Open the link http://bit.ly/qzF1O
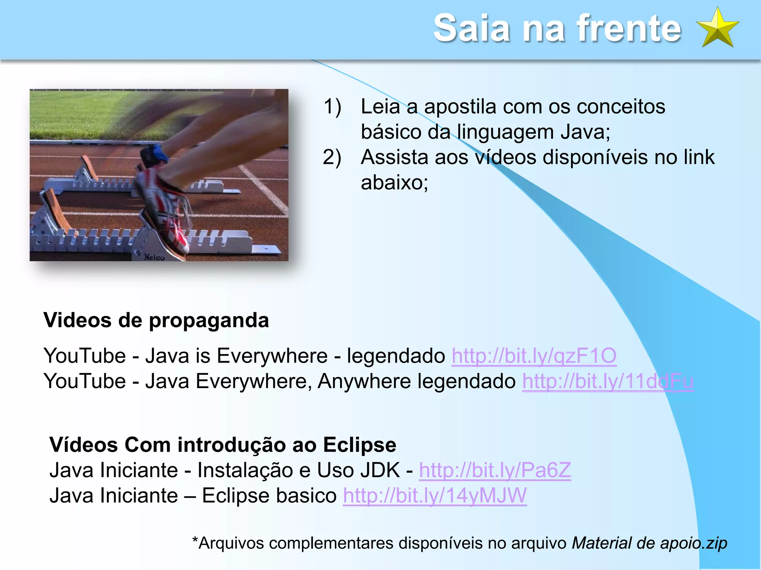click(534, 356)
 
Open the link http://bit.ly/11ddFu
click(608, 381)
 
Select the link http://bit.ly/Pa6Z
click(495, 470)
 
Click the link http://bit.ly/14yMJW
click(435, 495)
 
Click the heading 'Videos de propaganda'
click(156, 320)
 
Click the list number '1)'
click(332, 107)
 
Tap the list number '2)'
click(332, 157)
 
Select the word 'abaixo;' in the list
click(394, 183)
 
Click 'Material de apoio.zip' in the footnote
click(649, 543)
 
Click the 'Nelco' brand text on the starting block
click(154, 257)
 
